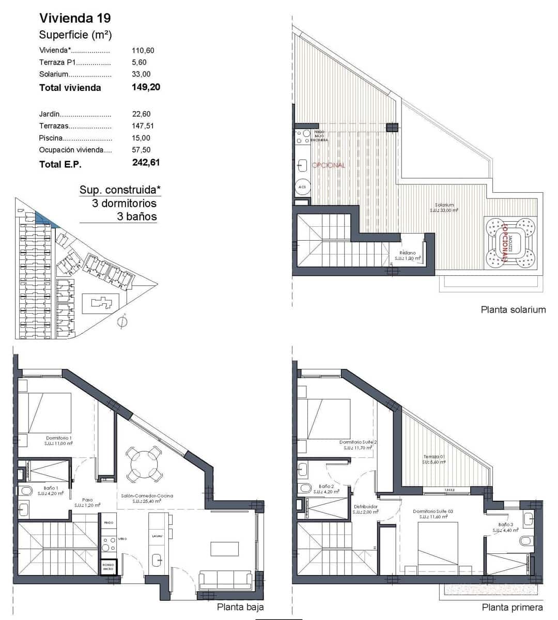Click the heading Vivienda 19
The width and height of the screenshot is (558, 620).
(x=75, y=18)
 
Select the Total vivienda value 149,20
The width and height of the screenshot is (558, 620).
(x=146, y=87)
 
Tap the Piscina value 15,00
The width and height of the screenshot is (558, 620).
(x=141, y=138)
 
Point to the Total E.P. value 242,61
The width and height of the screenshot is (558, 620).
(x=146, y=163)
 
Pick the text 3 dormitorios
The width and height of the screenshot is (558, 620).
(x=124, y=204)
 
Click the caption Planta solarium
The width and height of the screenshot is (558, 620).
(x=513, y=310)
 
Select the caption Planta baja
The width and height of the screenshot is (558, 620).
(x=240, y=608)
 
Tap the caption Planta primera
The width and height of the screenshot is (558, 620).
(x=512, y=608)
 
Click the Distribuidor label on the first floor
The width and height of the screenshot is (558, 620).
(x=365, y=507)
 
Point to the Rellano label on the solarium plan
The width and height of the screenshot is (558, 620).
(x=407, y=253)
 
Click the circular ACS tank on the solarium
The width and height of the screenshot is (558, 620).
(x=302, y=187)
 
